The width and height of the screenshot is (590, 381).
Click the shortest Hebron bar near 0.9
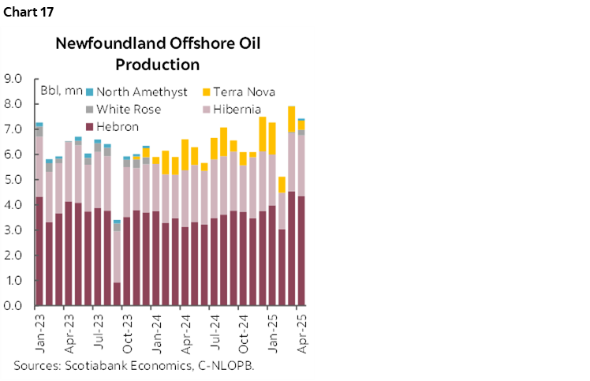(x=118, y=294)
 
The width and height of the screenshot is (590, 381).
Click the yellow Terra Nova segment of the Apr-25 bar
(x=301, y=125)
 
